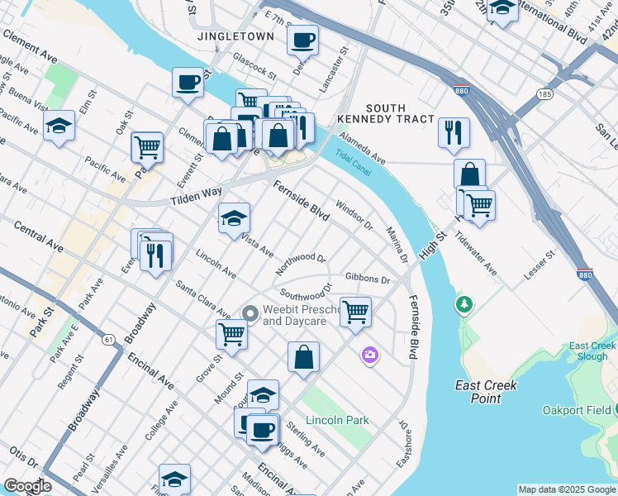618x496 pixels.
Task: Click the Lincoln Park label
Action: point(337,420)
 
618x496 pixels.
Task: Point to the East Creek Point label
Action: point(487,392)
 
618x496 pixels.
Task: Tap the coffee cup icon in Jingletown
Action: point(303,39)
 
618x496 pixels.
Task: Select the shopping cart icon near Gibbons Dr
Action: point(355,312)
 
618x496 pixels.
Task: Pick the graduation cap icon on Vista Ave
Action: point(235,218)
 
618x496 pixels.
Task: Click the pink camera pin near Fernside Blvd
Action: point(369,355)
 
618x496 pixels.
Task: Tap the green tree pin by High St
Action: point(464,305)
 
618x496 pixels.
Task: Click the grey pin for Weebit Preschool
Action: point(250,312)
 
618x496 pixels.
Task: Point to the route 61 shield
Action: point(109,339)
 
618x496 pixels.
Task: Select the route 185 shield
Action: point(544,95)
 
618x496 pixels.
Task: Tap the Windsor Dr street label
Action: point(355,215)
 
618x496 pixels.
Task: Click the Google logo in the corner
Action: point(27,486)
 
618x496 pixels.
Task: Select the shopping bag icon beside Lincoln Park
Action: point(304,357)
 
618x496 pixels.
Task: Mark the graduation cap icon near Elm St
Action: point(59,126)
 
